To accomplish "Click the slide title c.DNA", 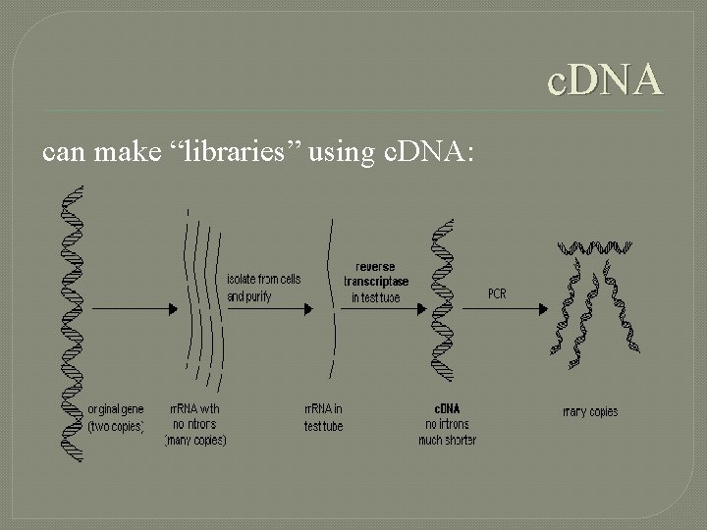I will [x=605, y=79].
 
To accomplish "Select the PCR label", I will [x=498, y=293].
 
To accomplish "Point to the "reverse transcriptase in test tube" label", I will [x=376, y=282].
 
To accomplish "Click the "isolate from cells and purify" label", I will [x=263, y=288].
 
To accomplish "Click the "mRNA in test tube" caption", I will [x=324, y=417].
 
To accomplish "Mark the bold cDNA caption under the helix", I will [x=447, y=408].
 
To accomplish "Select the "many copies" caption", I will [x=590, y=411].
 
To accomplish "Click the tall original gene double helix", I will [x=72, y=324].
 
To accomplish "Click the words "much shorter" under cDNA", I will [x=447, y=441].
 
